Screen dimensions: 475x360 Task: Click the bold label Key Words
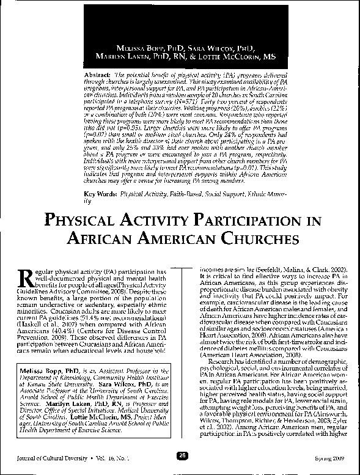click(100, 194)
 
